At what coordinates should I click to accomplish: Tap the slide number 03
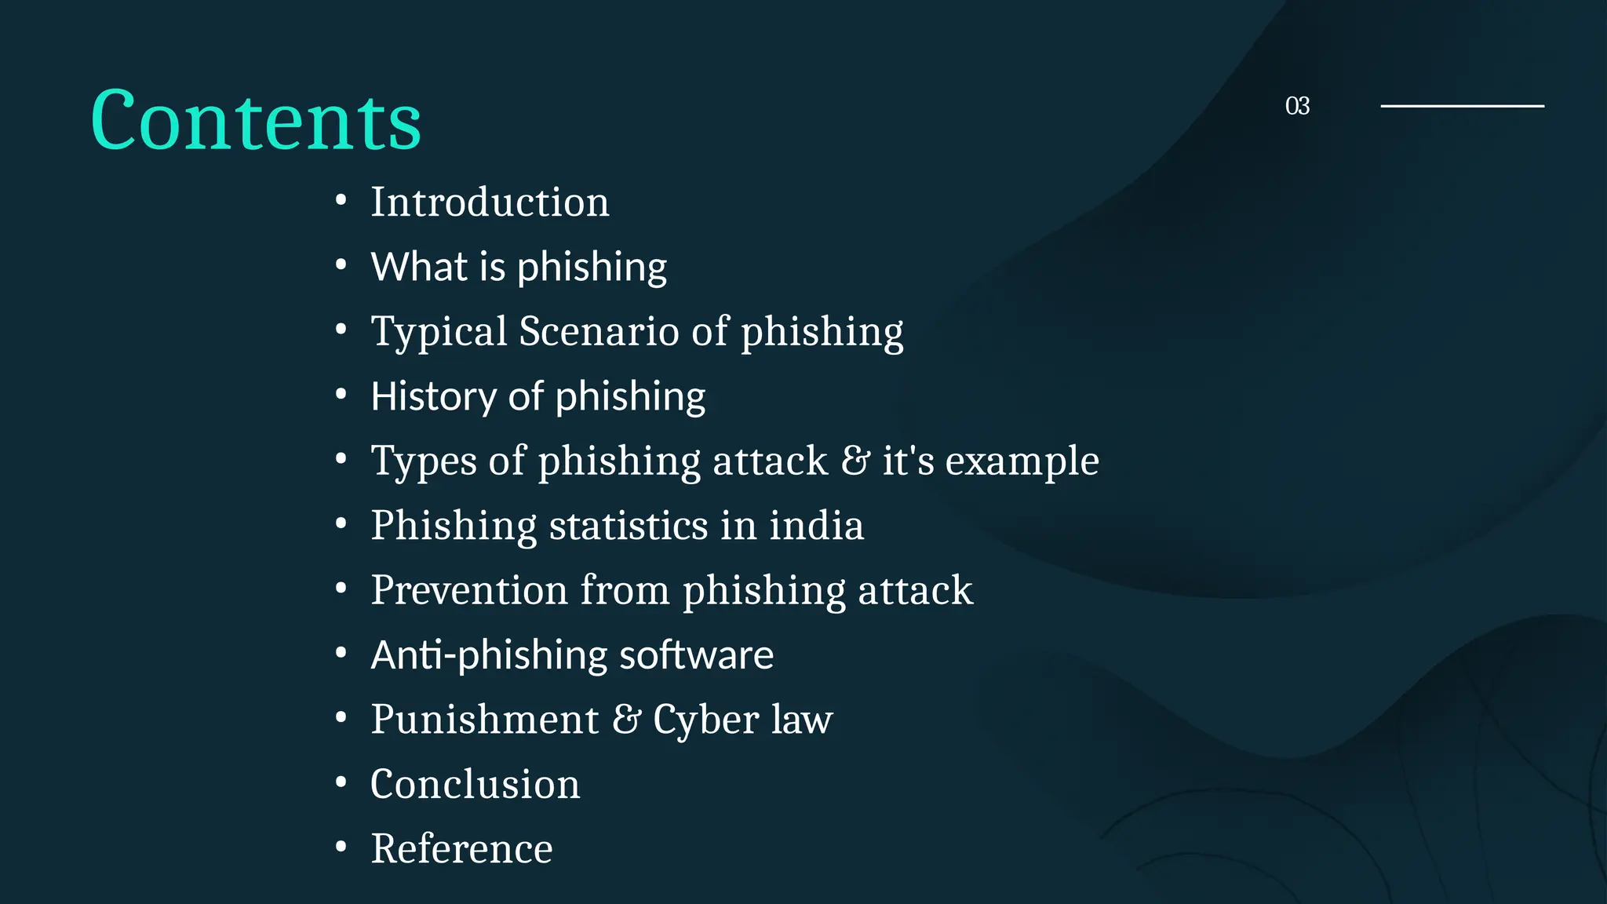(1297, 106)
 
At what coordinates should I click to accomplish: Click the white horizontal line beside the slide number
(1462, 105)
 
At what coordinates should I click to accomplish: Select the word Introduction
(490, 202)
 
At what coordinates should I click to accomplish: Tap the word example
(1022, 461)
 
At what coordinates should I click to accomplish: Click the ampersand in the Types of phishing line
(855, 461)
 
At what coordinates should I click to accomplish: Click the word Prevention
(469, 590)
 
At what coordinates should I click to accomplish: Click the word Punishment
(485, 720)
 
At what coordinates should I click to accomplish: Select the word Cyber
(705, 720)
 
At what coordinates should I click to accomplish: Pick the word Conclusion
(475, 784)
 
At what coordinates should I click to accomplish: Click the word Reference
(461, 848)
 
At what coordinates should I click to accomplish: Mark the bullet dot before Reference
(341, 847)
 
